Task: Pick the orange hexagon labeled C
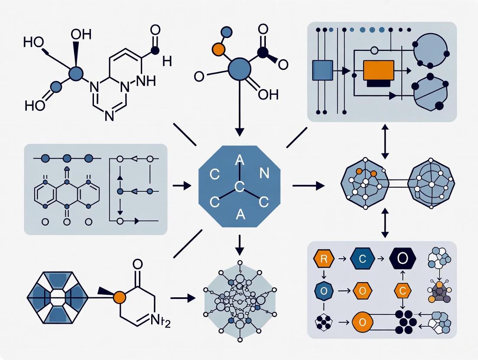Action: [402, 291]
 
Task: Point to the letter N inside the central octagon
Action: [264, 174]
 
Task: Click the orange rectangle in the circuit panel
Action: [378, 70]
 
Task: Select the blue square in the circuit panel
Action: [322, 71]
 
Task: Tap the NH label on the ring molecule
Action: [142, 80]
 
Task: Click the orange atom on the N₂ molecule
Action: [119, 297]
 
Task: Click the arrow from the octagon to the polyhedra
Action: [308, 186]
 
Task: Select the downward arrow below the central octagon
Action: [239, 245]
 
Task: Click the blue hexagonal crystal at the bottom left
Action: [57, 297]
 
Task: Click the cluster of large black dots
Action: [406, 322]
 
